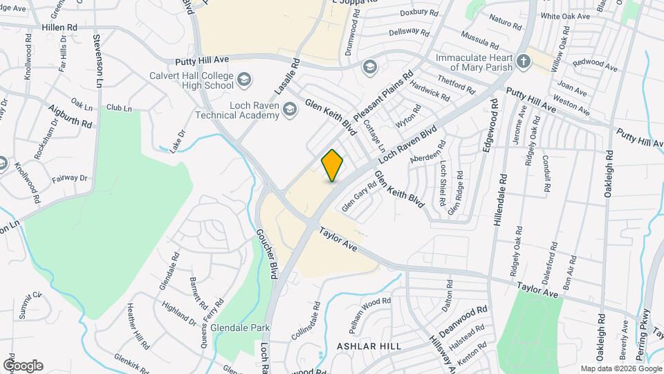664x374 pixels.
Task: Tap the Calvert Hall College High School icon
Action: click(243, 81)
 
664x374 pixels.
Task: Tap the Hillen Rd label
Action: click(59, 26)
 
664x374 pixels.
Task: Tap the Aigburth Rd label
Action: click(71, 116)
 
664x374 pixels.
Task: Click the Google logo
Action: click(23, 365)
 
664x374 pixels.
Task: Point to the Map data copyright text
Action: click(620, 368)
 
